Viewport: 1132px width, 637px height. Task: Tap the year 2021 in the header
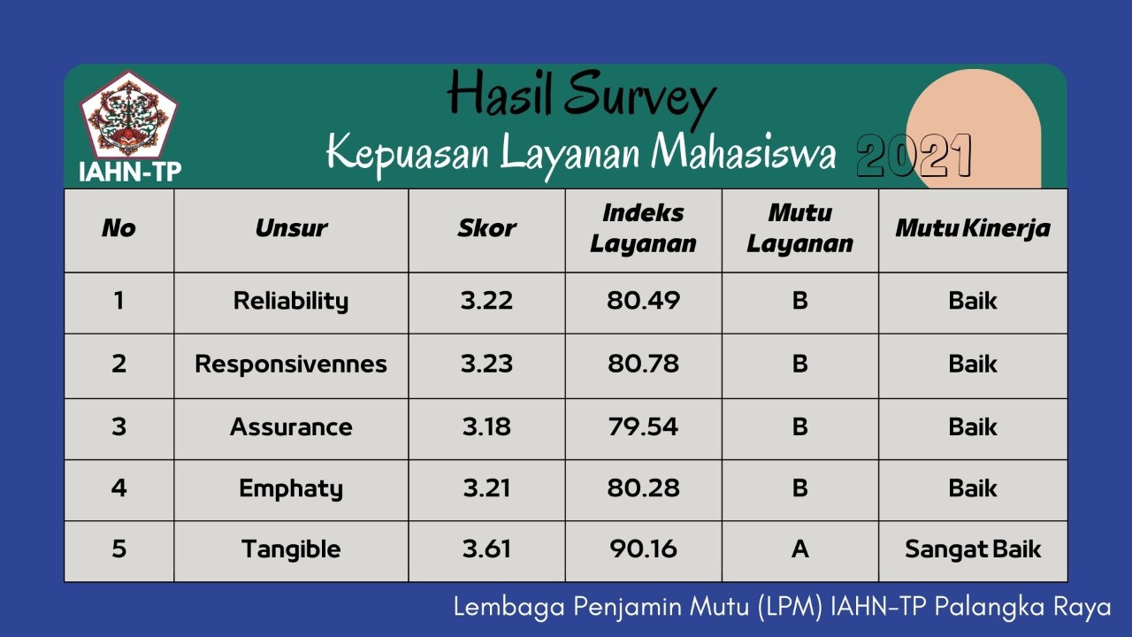coord(914,157)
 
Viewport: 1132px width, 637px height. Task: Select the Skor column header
coord(486,228)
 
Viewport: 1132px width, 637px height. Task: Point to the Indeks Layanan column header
coord(643,228)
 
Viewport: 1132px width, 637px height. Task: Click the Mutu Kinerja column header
coord(972,228)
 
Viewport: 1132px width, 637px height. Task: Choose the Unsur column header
coord(291,228)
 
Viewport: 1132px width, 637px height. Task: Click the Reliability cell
coord(291,301)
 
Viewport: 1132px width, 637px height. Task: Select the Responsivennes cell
coord(291,364)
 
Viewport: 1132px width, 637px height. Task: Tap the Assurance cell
coord(291,427)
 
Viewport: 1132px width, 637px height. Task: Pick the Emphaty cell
coord(291,488)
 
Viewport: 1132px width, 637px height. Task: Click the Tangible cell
coord(291,549)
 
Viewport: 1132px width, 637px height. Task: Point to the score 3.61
coord(486,549)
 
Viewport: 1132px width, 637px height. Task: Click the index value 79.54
coord(643,427)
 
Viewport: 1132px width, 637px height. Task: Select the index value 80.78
coord(643,364)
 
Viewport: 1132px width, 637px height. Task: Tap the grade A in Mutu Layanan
coord(799,549)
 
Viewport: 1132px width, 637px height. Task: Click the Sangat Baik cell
coord(972,549)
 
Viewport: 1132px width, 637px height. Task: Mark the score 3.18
coord(486,427)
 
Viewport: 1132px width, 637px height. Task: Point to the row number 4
coord(119,488)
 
